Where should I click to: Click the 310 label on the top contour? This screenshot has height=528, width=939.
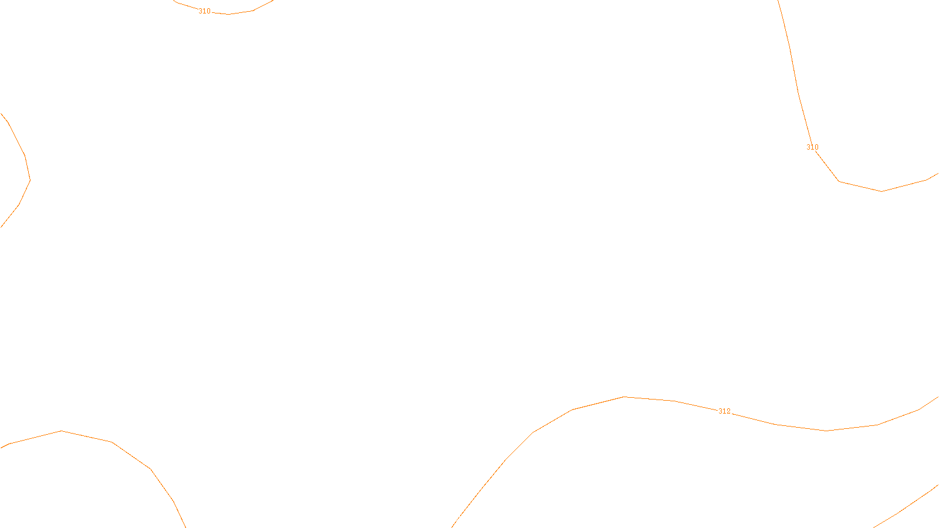[204, 11]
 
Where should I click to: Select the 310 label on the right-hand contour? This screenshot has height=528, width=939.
[812, 147]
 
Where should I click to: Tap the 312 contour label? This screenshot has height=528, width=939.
[725, 411]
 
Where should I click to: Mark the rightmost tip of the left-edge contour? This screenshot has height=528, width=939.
[30, 180]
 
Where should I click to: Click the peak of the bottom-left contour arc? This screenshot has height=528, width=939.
[62, 431]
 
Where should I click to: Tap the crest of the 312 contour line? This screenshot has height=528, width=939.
[624, 397]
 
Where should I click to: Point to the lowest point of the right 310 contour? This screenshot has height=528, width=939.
[881, 191]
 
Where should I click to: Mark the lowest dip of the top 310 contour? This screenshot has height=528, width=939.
[228, 14]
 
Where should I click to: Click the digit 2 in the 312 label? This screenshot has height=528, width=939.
[729, 411]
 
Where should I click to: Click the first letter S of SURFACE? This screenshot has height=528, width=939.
[457, 519]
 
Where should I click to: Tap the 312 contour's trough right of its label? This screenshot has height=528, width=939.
[826, 431]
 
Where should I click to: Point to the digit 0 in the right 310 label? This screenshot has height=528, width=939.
[816, 147]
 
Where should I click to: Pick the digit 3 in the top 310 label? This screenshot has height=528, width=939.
[200, 11]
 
